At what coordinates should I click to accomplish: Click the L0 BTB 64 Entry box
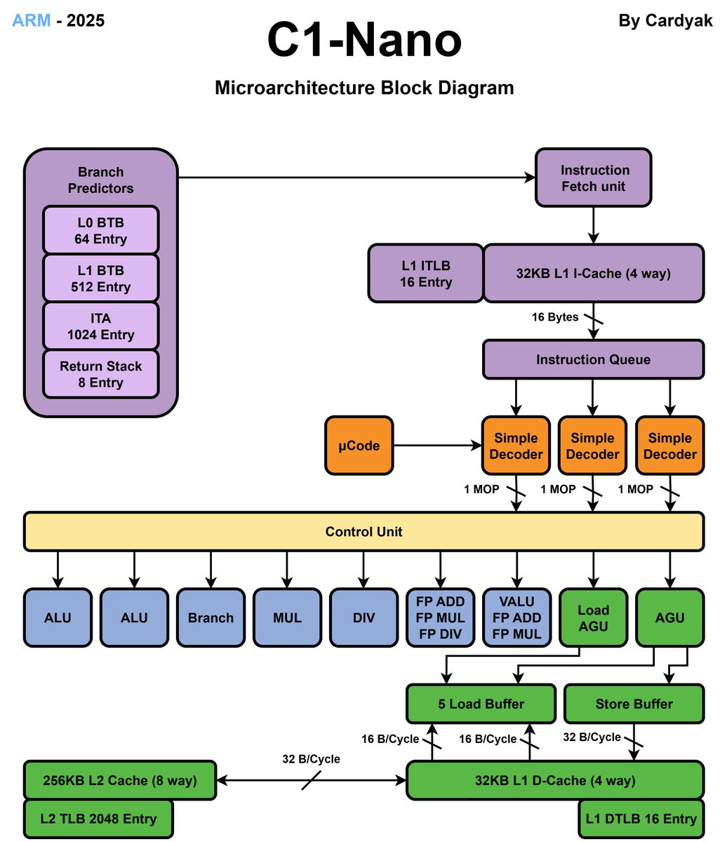[x=100, y=230]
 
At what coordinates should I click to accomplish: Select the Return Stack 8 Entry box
[x=100, y=374]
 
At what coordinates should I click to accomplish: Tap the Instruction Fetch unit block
[x=594, y=178]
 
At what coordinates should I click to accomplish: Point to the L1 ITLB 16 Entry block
[x=426, y=274]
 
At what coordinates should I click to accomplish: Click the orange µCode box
[x=359, y=446]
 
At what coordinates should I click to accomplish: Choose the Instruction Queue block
[x=593, y=359]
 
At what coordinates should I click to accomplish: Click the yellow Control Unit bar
[x=363, y=531]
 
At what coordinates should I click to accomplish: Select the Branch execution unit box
[x=211, y=617]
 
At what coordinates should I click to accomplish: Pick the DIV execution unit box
[x=363, y=617]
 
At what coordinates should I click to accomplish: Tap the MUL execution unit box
[x=287, y=617]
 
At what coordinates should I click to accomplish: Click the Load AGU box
[x=593, y=617]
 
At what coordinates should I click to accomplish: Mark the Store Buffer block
[x=634, y=704]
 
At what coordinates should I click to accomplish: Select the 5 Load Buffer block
[x=481, y=704]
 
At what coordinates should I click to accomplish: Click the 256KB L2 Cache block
[x=120, y=780]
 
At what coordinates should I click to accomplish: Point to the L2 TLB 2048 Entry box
[x=98, y=818]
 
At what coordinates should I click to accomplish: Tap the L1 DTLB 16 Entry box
[x=641, y=818]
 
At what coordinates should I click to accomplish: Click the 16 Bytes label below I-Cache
[x=555, y=317]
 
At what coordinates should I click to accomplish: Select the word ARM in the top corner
[x=32, y=20]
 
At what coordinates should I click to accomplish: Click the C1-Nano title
[x=364, y=41]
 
